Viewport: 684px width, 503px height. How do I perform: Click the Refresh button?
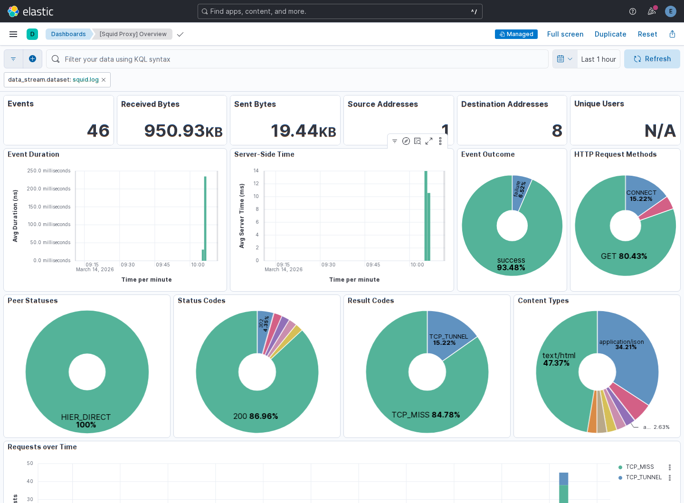(652, 59)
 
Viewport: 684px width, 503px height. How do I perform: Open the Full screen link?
(565, 34)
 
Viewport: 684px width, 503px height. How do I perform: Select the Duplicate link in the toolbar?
(610, 34)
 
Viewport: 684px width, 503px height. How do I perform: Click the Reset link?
(647, 34)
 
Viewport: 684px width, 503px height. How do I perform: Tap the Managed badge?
(516, 34)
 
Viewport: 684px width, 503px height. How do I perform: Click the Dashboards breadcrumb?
(68, 34)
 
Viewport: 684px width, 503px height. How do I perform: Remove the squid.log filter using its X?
(104, 80)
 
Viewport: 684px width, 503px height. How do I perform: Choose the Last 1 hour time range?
(598, 59)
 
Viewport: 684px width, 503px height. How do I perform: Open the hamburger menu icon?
(13, 34)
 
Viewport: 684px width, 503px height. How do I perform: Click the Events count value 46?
(98, 131)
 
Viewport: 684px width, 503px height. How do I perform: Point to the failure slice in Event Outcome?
(521, 192)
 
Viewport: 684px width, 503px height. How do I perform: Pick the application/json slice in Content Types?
(632, 357)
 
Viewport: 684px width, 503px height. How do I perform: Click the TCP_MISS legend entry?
(639, 466)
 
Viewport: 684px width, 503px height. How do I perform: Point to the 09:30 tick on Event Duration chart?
(127, 265)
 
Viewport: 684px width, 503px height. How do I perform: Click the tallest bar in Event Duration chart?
(205, 218)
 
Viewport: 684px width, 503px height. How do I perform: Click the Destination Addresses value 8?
(557, 131)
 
